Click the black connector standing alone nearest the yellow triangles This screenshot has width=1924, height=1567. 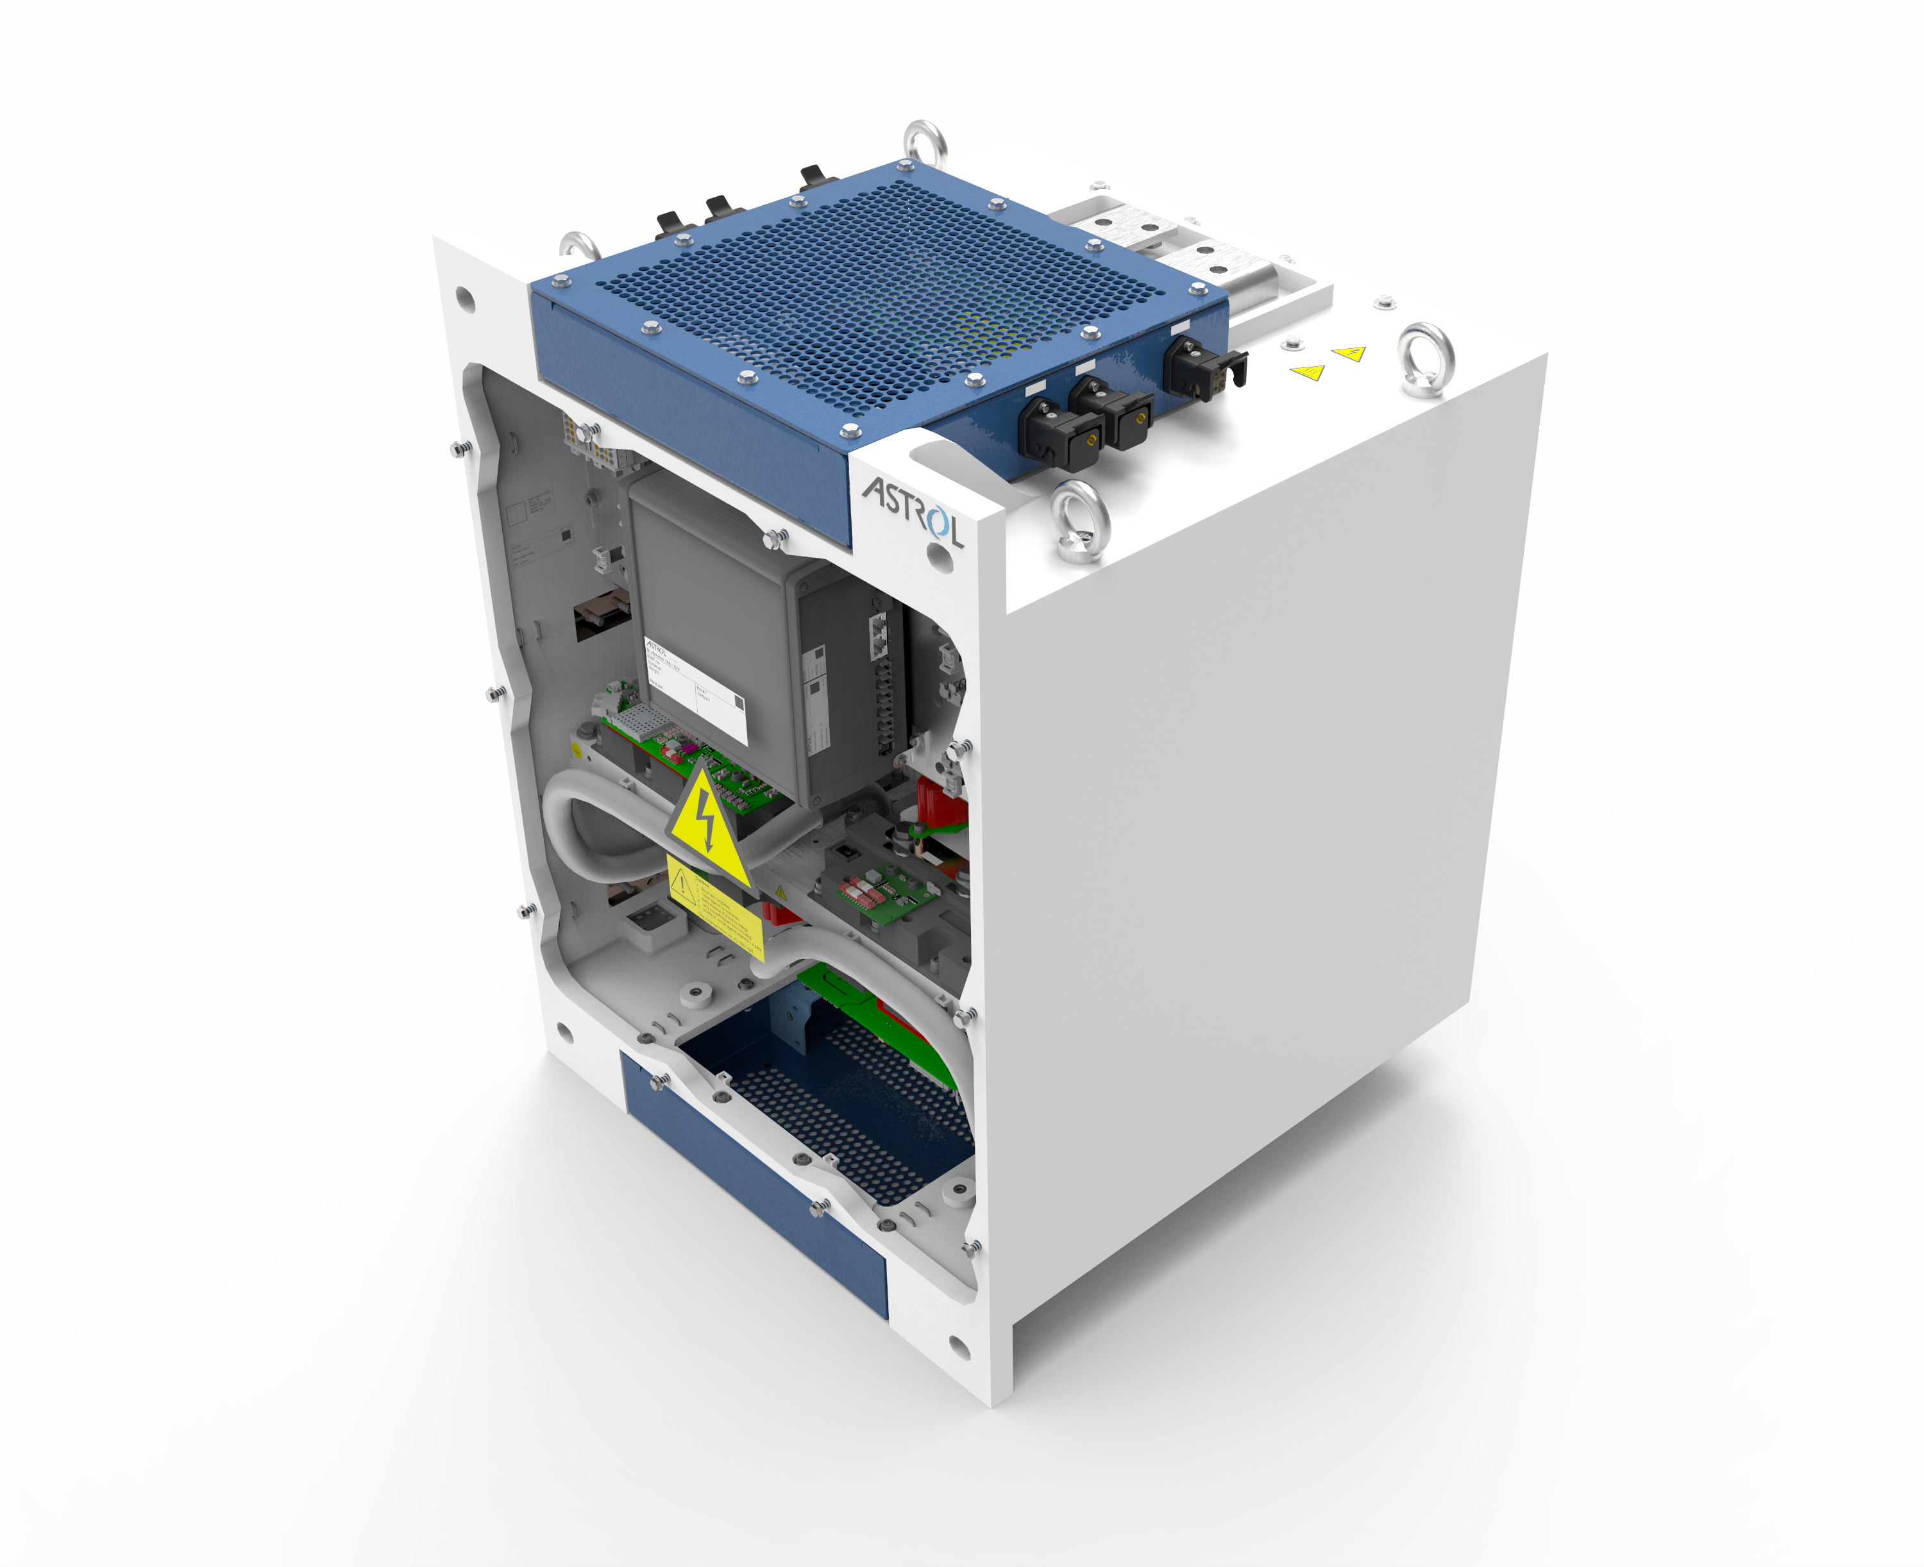pos(1201,367)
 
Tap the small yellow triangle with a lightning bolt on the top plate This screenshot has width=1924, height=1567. pos(1349,353)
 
